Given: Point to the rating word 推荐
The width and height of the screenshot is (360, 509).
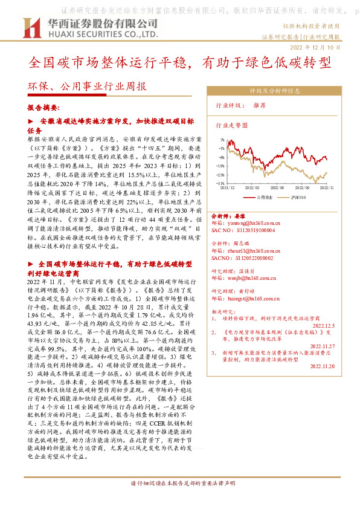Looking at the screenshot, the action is pyautogui.click(x=260, y=105).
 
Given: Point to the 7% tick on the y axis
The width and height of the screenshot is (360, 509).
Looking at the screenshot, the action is pyautogui.click(x=222, y=138).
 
